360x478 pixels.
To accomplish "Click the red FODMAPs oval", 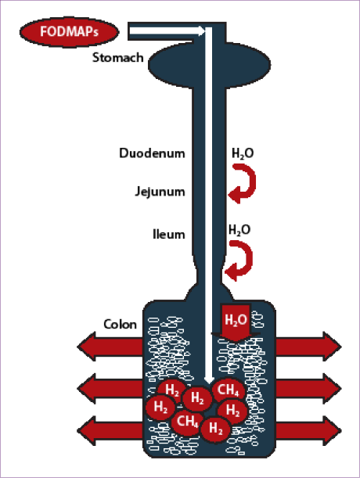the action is (x=69, y=32).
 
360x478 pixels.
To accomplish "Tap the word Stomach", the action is (x=117, y=58).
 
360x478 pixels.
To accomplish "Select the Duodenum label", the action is (x=152, y=153).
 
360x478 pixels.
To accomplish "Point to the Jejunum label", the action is (x=160, y=192).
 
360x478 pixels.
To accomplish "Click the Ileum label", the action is (x=169, y=234).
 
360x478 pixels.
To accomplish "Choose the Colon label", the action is (x=120, y=325).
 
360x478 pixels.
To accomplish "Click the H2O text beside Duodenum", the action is (x=243, y=153).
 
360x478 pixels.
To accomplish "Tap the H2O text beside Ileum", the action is (x=239, y=230).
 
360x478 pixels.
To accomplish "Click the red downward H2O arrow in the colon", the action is (x=236, y=323).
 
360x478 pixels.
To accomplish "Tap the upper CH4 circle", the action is (x=229, y=390).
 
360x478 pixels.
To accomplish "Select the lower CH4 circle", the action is (x=187, y=422).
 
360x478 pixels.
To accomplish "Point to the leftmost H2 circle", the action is (x=160, y=407).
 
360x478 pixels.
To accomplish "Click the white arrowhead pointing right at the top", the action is (x=200, y=31).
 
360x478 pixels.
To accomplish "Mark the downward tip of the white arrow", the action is (x=209, y=383).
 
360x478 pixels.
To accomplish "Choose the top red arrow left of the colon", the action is (x=110, y=347).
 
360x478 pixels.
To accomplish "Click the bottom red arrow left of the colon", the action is (x=110, y=431).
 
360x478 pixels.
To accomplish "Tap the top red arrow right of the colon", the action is (x=309, y=347).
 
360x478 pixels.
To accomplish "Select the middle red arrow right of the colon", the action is (x=309, y=389).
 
